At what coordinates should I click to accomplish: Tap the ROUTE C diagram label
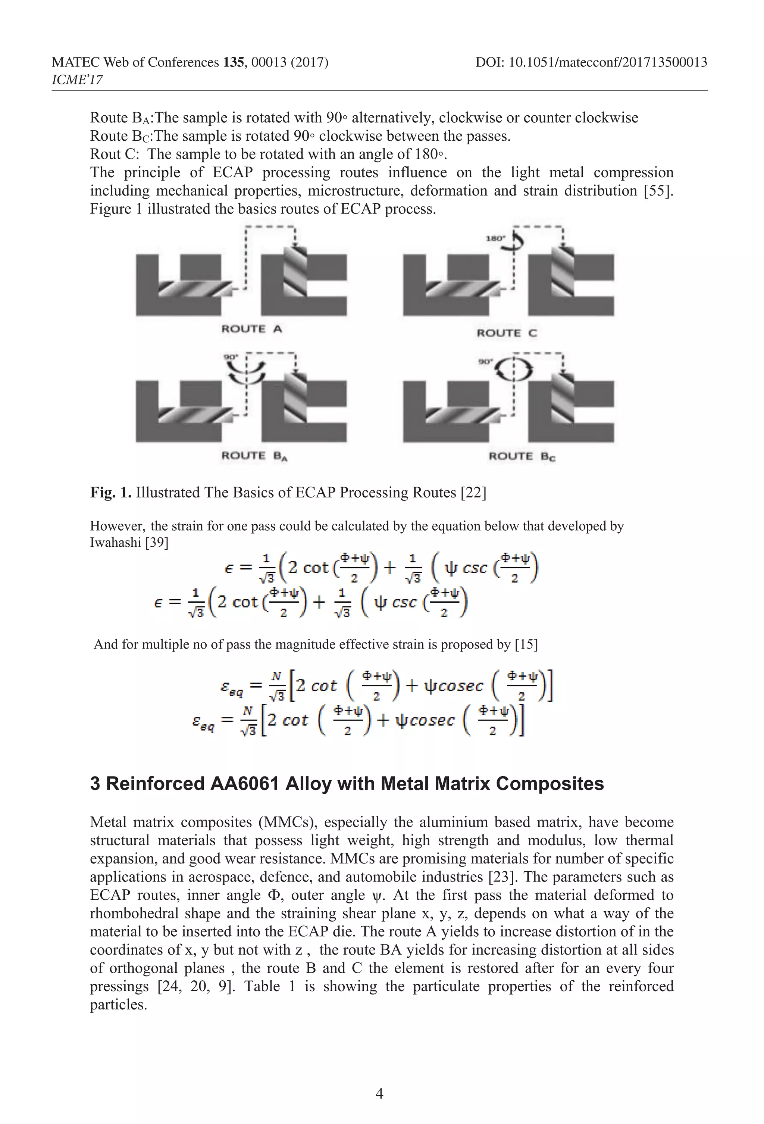(x=506, y=333)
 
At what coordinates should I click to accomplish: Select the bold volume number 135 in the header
(x=234, y=62)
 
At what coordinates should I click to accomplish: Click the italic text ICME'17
(x=77, y=80)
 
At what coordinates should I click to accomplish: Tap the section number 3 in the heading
(x=95, y=784)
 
